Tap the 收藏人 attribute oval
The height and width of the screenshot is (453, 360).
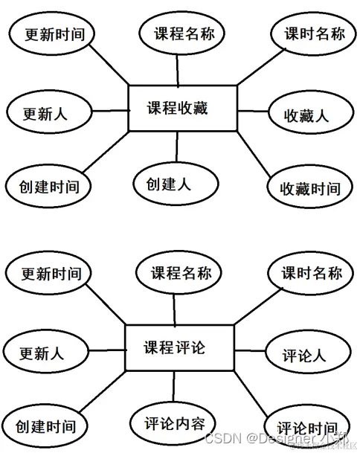306,115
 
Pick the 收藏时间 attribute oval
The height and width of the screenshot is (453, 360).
309,187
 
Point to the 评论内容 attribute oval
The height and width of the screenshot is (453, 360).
174,423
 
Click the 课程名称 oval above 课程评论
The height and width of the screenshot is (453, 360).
176,273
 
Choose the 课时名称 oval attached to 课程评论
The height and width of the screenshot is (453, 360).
312,273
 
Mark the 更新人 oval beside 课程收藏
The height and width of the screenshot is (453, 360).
47,114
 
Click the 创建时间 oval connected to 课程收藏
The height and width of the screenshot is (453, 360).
45,186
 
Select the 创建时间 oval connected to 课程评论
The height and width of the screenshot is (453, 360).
45,427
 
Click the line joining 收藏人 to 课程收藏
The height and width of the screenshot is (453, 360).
253,112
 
